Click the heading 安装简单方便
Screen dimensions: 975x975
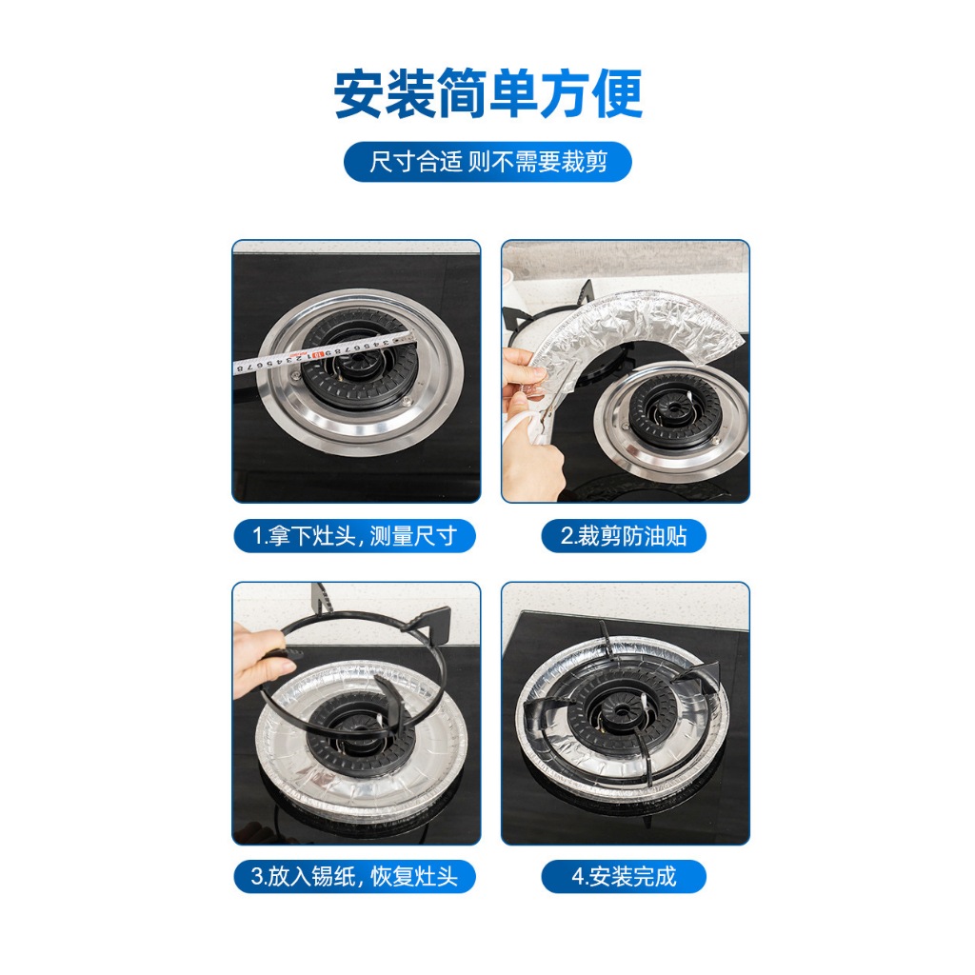coord(488,93)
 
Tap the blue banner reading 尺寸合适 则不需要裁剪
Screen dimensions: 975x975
coord(487,162)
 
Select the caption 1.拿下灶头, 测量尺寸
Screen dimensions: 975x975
coord(354,536)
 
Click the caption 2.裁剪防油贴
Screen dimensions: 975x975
coord(624,536)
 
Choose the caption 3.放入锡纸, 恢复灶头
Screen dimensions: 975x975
coord(354,877)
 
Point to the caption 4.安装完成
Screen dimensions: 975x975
coord(624,877)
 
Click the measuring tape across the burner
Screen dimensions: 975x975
coord(324,354)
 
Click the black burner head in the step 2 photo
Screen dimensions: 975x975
coord(675,411)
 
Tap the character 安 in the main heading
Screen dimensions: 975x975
coord(359,94)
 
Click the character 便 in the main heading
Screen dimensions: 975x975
coord(617,94)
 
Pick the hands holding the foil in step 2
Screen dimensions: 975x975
coord(527,423)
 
